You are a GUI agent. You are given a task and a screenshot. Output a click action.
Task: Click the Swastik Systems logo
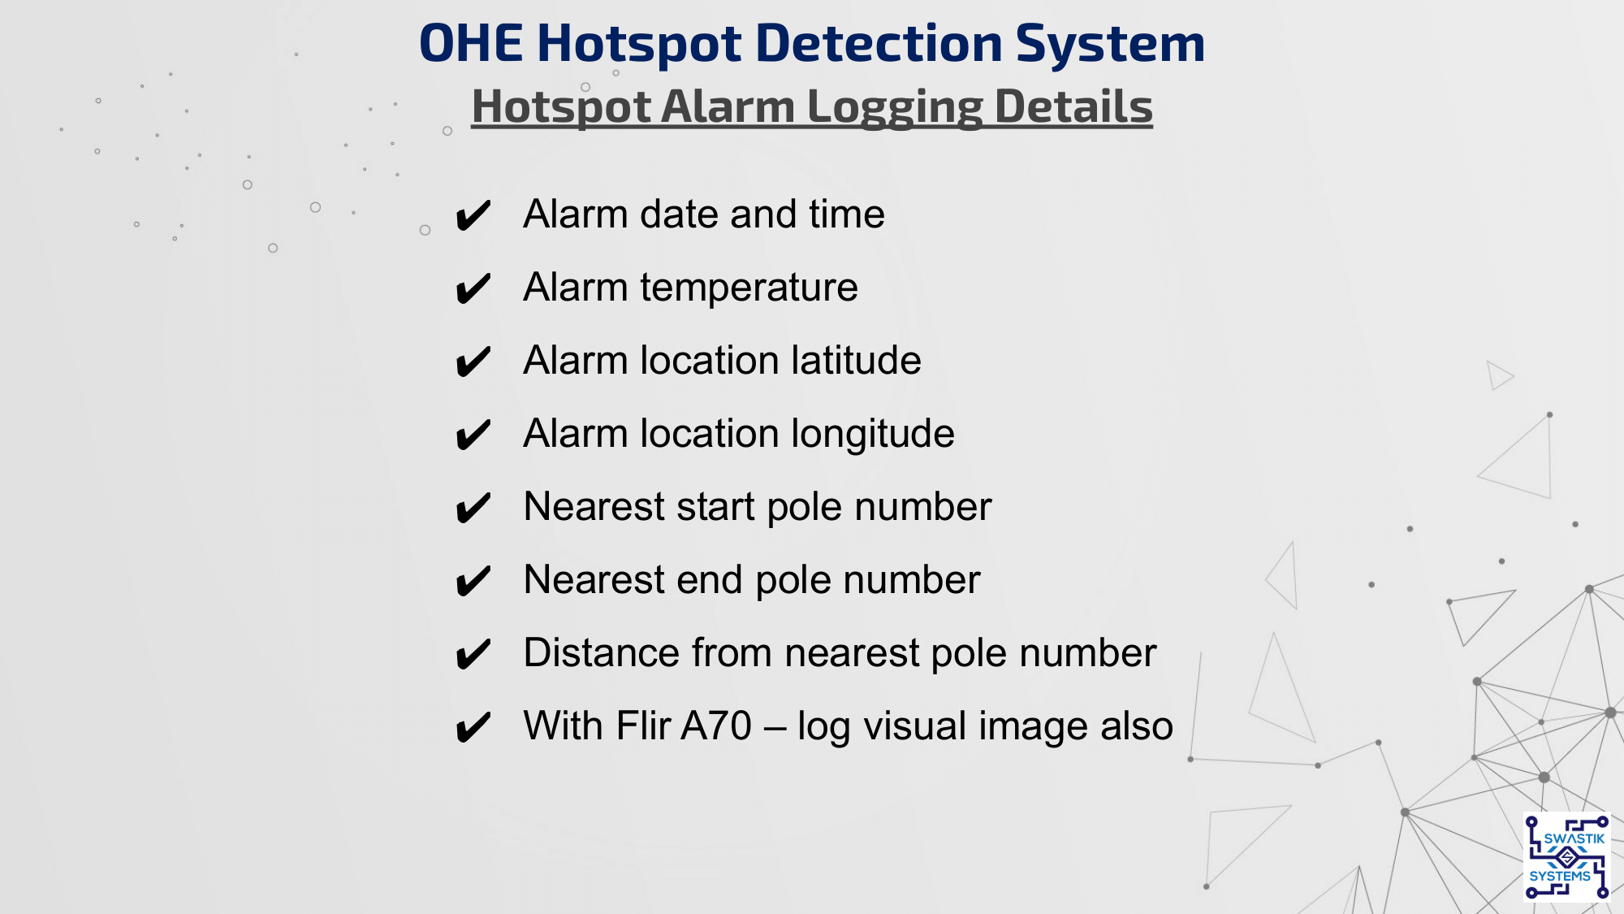(1566, 857)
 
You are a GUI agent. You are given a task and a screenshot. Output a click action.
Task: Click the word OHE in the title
(471, 43)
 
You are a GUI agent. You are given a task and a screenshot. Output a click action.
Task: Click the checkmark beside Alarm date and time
(473, 216)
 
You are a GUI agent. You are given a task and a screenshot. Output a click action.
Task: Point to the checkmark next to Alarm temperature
(473, 289)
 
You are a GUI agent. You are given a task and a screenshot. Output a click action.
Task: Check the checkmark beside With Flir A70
(473, 728)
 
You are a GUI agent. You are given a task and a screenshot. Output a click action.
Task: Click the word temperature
(749, 288)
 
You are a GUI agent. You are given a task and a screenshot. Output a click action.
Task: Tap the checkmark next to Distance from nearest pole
(473, 655)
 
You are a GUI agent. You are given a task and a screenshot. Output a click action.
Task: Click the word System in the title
(1110, 45)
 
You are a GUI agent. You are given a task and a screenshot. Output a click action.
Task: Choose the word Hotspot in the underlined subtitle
(561, 108)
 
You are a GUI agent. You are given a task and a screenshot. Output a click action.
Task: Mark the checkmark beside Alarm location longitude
(473, 435)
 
